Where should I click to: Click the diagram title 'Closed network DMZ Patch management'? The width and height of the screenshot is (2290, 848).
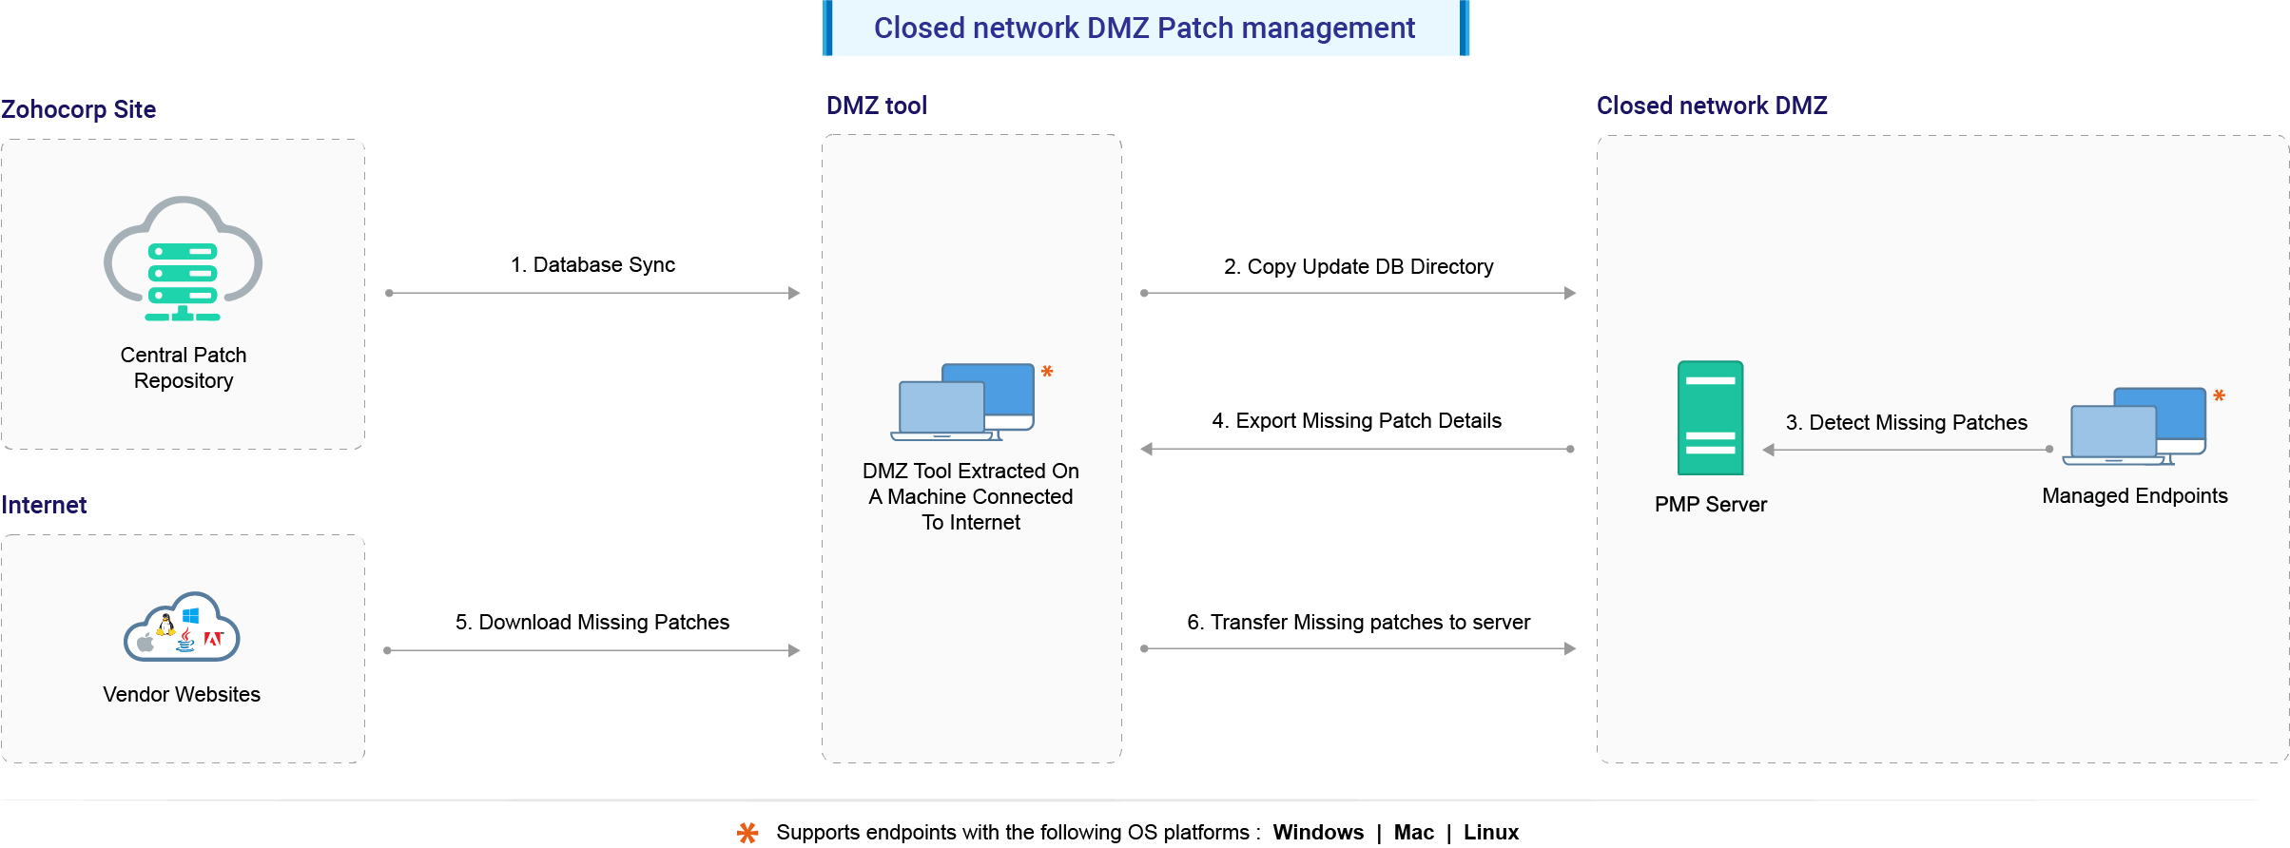[x=1144, y=29]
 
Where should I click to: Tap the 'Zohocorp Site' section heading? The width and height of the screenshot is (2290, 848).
[x=79, y=109]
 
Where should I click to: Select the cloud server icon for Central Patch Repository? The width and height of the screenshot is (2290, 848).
[x=183, y=260]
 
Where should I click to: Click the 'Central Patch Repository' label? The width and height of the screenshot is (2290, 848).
[x=184, y=368]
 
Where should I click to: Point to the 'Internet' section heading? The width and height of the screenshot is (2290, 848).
[x=44, y=505]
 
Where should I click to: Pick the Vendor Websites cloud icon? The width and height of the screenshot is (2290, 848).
[x=182, y=628]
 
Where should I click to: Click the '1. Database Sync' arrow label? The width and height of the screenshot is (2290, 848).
[x=592, y=265]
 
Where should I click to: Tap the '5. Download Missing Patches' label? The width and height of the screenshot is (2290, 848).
[x=592, y=623]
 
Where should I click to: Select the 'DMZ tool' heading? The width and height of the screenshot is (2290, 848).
[x=876, y=106]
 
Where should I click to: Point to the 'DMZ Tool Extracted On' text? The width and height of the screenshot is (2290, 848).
[x=970, y=472]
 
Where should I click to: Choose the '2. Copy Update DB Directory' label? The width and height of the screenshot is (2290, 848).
[x=1358, y=267]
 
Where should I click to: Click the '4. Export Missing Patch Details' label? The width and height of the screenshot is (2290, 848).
[x=1356, y=421]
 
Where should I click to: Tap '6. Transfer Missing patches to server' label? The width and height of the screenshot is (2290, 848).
[x=1358, y=623]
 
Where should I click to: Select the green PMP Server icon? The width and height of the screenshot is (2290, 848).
[x=1710, y=418]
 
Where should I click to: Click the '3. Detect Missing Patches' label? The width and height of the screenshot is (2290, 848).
[x=1906, y=423]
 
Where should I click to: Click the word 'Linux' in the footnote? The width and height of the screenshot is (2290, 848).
[x=1490, y=833]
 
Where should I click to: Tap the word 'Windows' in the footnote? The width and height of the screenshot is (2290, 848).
[x=1317, y=833]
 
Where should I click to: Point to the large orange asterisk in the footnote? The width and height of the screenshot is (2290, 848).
[x=748, y=834]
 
